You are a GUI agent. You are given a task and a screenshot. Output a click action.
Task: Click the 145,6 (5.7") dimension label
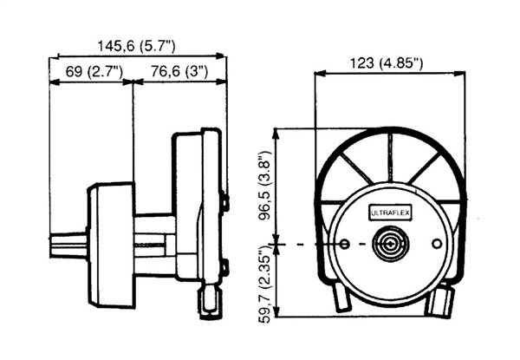(x=136, y=46)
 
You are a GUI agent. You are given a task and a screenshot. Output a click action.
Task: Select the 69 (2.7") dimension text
(x=94, y=71)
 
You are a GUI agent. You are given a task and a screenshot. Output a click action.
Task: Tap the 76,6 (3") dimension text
(x=179, y=71)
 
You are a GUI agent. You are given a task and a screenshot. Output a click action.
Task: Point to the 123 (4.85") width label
(x=387, y=63)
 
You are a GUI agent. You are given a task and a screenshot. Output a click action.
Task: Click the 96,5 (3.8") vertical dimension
(x=266, y=185)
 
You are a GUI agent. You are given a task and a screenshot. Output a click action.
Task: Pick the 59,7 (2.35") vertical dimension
(x=265, y=285)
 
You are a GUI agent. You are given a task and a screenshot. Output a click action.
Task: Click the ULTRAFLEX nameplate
(x=390, y=213)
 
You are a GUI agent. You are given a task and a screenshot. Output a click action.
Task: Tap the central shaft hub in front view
(x=391, y=244)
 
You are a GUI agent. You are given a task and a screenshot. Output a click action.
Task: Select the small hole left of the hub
(x=345, y=245)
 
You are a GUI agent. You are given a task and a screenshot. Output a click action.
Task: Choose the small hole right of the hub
(x=437, y=244)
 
